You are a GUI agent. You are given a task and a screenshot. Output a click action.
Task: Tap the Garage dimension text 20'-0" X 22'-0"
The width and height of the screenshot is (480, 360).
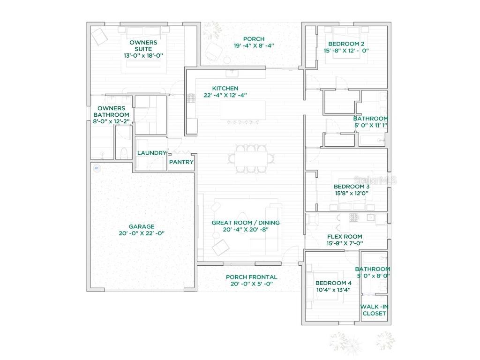click(142, 233)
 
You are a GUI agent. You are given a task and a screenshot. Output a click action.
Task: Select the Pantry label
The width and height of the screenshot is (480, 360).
click(181, 162)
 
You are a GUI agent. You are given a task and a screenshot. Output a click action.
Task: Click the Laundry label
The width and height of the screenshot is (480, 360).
click(152, 153)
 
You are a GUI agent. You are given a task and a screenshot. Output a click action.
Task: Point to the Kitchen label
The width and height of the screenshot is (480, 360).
click(225, 88)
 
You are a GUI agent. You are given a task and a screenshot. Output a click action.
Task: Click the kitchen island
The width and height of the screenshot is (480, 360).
click(243, 110)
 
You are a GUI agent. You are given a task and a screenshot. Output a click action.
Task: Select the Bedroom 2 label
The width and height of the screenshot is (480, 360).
click(344, 44)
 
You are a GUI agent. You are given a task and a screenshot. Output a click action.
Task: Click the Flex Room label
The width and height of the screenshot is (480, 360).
click(345, 237)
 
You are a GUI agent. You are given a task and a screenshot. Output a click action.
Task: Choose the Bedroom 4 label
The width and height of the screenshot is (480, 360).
click(333, 283)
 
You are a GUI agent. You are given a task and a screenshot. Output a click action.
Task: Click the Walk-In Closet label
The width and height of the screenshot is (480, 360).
click(374, 310)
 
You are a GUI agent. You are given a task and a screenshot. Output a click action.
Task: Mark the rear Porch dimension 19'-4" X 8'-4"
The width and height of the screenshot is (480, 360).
click(254, 45)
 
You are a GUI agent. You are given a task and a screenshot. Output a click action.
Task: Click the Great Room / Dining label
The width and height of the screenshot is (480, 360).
click(245, 223)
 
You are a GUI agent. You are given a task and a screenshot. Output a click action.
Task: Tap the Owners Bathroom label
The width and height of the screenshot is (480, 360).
click(111, 112)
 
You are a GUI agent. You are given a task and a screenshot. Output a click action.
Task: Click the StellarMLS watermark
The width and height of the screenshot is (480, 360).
click(375, 180)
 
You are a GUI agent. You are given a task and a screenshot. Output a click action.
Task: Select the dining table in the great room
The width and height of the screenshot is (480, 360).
click(251, 159)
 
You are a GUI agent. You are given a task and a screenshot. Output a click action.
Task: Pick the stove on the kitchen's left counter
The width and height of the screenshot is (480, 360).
click(191, 98)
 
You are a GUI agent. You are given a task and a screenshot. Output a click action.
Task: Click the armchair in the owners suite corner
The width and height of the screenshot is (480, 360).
click(99, 36)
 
